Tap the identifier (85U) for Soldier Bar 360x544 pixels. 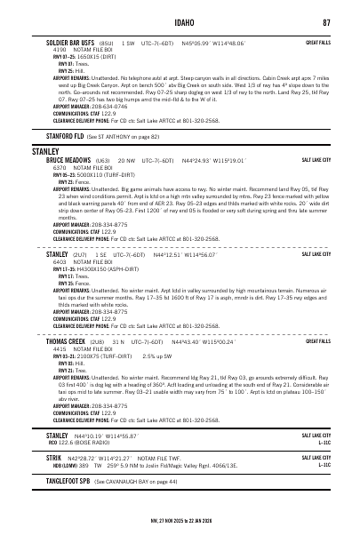pos(105,42)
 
